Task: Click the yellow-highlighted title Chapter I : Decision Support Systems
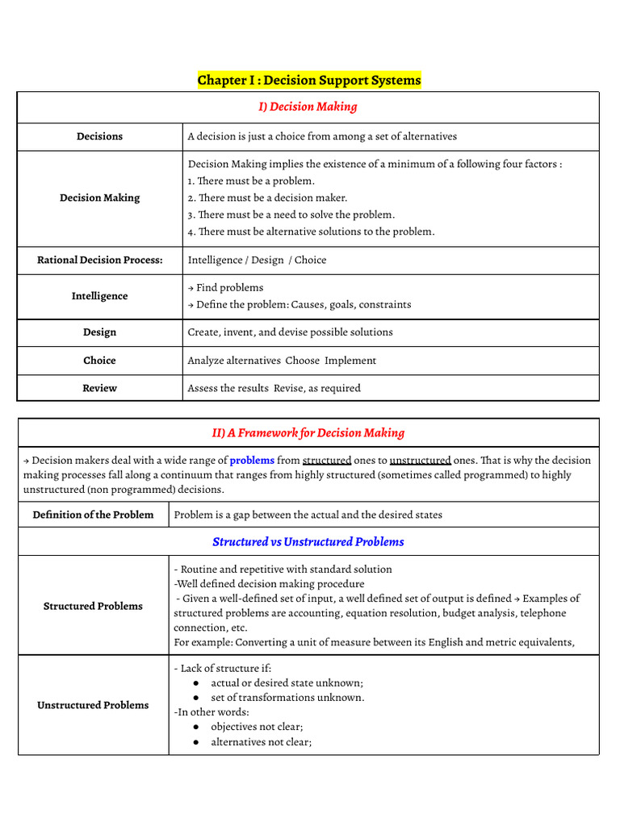pyautogui.click(x=309, y=81)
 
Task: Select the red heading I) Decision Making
pyautogui.click(x=308, y=106)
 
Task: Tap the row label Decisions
pyautogui.click(x=100, y=136)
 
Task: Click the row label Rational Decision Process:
pyautogui.click(x=100, y=260)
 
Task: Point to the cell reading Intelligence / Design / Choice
pyautogui.click(x=257, y=260)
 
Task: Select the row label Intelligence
pyautogui.click(x=100, y=296)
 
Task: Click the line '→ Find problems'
pyautogui.click(x=225, y=287)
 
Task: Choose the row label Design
pyautogui.click(x=100, y=332)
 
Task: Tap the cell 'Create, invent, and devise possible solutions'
pyautogui.click(x=290, y=332)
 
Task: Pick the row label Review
pyautogui.click(x=100, y=388)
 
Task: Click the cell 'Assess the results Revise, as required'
pyautogui.click(x=274, y=388)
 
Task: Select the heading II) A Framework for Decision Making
pyautogui.click(x=308, y=433)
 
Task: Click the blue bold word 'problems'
pyautogui.click(x=252, y=461)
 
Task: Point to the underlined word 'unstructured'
pyautogui.click(x=420, y=461)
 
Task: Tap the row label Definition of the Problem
pyautogui.click(x=93, y=515)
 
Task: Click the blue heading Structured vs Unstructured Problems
pyautogui.click(x=308, y=542)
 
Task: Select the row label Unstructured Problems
pyautogui.click(x=93, y=705)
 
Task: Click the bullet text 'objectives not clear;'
pyautogui.click(x=257, y=727)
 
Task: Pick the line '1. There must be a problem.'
pyautogui.click(x=251, y=181)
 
